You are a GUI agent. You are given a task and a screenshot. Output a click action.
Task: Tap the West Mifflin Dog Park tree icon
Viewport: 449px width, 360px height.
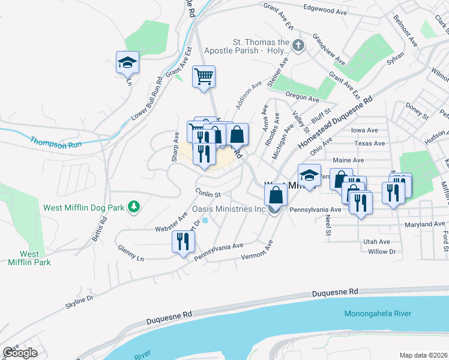click(x=136, y=208)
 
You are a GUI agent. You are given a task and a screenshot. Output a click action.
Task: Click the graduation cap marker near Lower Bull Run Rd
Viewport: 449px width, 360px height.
click(x=127, y=62)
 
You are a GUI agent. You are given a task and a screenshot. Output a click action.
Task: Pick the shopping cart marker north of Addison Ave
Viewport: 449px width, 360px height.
click(x=203, y=76)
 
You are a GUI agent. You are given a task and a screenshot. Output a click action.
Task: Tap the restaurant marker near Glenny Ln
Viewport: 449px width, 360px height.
click(x=182, y=242)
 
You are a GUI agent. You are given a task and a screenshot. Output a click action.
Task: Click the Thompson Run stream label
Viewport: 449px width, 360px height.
click(x=55, y=142)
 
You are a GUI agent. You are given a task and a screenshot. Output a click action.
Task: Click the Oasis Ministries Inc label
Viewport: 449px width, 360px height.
click(x=229, y=209)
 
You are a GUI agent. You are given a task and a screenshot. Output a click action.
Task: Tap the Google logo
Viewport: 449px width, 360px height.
click(x=20, y=353)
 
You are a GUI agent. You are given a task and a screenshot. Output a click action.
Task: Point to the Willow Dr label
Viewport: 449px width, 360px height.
click(x=382, y=251)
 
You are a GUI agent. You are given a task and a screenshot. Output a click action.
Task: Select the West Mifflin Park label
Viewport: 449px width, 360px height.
click(x=29, y=258)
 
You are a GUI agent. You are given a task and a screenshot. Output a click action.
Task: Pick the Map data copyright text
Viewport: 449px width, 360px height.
click(x=423, y=355)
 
